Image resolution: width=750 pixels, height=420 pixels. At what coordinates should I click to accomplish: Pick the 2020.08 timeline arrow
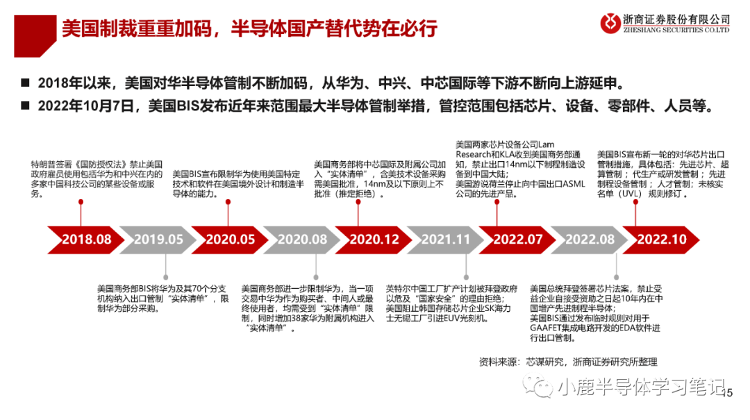[x=302, y=239]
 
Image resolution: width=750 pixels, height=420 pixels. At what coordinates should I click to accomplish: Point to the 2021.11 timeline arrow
[x=446, y=239]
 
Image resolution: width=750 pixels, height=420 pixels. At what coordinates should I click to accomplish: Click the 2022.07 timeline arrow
[x=517, y=239]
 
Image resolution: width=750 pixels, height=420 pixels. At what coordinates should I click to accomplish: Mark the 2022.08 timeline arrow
[x=590, y=239]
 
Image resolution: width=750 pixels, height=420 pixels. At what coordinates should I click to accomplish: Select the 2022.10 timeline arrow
[x=662, y=239]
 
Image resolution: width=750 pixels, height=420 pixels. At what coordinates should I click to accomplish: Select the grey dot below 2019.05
[x=165, y=276]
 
